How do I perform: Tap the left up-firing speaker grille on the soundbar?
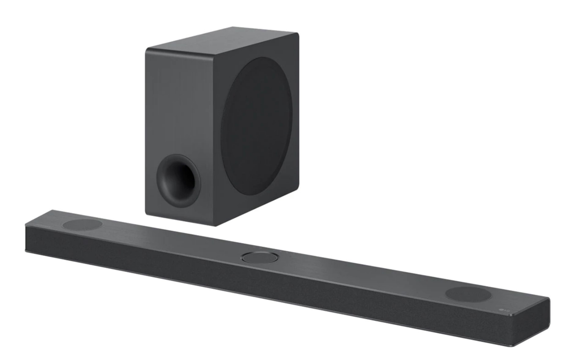pyautogui.click(x=82, y=225)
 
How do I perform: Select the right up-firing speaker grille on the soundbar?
pyautogui.click(x=468, y=295)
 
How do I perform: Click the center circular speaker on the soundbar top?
pyautogui.click(x=260, y=257)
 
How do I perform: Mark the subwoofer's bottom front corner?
pyautogui.click(x=216, y=226)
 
